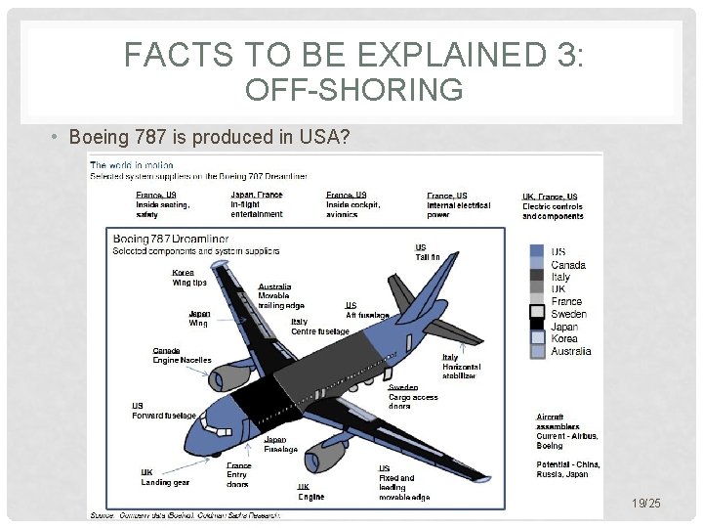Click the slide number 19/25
(645, 503)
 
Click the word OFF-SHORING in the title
(354, 90)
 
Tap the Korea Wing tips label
(189, 278)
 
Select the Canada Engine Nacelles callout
(182, 355)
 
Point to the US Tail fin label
(428, 252)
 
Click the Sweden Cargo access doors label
(413, 397)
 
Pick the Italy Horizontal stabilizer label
(459, 367)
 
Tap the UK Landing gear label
(165, 477)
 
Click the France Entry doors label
(238, 474)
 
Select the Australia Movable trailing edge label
(281, 296)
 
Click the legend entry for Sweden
(568, 314)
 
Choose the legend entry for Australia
(570, 351)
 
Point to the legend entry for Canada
(568, 265)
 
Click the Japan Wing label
(198, 318)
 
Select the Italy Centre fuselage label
(319, 327)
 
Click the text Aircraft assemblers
(558, 421)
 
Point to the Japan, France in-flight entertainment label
(257, 204)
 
